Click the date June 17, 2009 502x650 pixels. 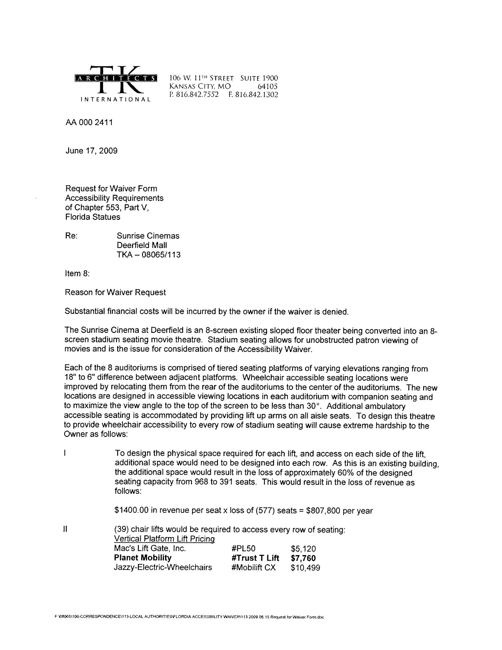tap(91, 151)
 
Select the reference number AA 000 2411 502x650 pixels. tap(89, 123)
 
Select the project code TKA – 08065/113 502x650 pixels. tap(149, 255)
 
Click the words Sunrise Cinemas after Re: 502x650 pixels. tap(148, 236)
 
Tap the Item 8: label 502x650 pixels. tap(77, 273)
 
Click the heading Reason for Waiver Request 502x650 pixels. tap(115, 292)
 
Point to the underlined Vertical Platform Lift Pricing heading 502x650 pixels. tap(164, 539)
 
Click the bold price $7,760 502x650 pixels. tap(303, 558)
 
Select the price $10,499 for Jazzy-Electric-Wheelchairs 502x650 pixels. tap(305, 568)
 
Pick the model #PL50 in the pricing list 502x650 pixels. tap(243, 549)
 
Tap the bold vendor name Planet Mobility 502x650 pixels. tap(143, 558)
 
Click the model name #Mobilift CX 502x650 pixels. tap(253, 568)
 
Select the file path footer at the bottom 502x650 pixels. tap(190, 617)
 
